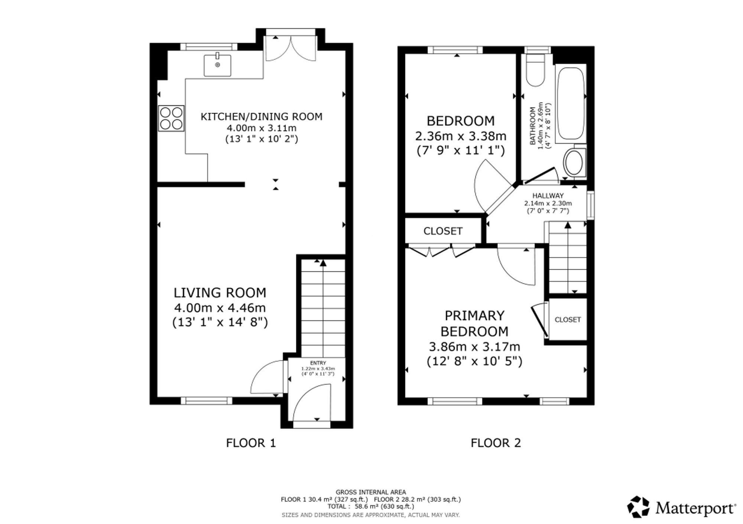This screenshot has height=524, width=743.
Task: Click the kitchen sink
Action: click(x=217, y=65)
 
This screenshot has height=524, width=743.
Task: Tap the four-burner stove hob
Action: click(x=171, y=118)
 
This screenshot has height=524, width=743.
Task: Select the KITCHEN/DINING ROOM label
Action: click(x=262, y=117)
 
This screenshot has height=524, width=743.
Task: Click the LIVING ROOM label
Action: click(x=220, y=293)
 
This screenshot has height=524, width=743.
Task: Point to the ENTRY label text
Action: click(x=318, y=363)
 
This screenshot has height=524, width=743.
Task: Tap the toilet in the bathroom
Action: click(x=535, y=71)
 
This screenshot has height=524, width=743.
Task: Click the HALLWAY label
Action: click(x=548, y=196)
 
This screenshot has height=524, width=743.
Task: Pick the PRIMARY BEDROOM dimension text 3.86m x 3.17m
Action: click(x=474, y=347)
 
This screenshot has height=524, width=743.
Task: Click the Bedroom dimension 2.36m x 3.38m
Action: click(x=461, y=136)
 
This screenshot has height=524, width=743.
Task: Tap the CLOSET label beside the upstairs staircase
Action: click(x=568, y=319)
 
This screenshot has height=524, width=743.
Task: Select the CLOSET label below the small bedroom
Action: click(x=443, y=231)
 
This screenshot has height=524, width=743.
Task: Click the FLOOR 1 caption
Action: click(x=251, y=443)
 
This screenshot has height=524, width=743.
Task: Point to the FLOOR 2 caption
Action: click(x=496, y=443)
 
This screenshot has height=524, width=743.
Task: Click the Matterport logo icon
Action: click(x=639, y=507)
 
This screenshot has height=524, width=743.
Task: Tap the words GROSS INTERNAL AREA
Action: click(x=371, y=492)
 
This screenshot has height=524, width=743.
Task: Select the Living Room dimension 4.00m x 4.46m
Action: click(x=220, y=308)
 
